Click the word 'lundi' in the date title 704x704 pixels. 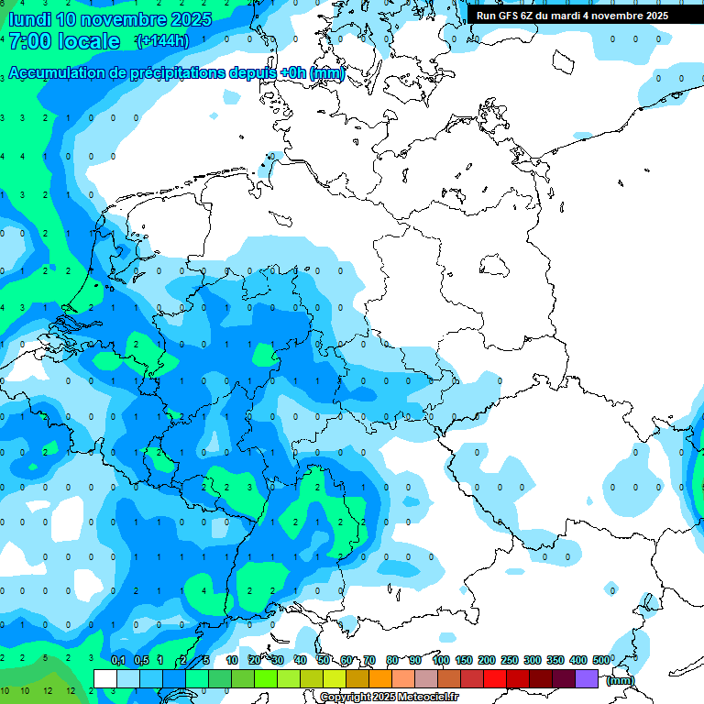point(28,19)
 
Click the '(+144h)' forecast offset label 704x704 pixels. point(161,41)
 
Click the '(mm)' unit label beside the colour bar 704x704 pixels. point(621,679)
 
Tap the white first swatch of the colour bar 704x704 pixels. point(105,678)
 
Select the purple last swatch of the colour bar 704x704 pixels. point(587,678)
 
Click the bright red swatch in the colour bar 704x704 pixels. point(495,678)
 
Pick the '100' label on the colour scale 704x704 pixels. point(440,660)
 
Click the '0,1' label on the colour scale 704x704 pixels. point(118,660)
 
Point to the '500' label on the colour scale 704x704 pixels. point(601,660)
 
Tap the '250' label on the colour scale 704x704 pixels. point(509,660)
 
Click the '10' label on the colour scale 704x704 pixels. point(232,660)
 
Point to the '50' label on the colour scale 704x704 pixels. point(324,660)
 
